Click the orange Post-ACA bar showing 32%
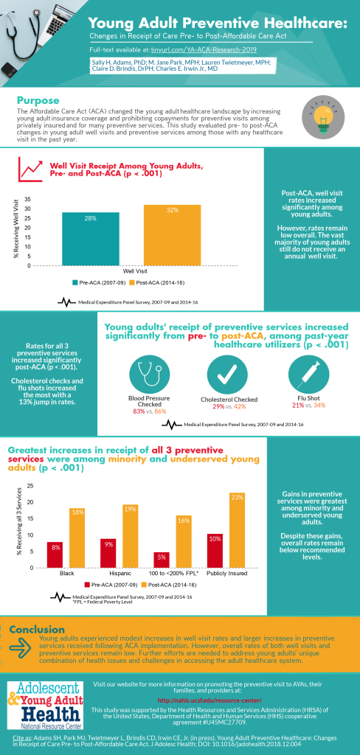click(172, 236)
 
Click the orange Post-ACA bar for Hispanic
click(131, 536)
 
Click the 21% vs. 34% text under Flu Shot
click(305, 405)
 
